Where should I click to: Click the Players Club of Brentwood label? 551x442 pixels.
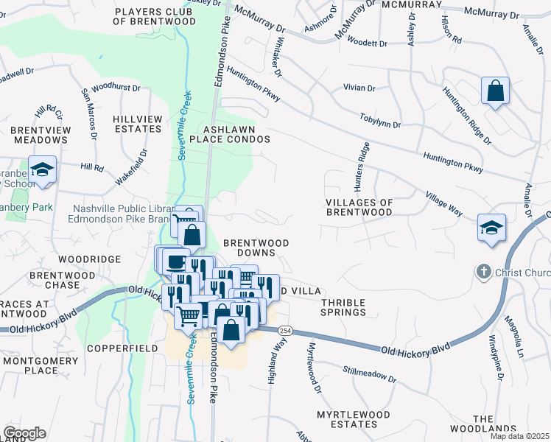(155, 16)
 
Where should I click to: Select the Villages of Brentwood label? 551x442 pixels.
(359, 206)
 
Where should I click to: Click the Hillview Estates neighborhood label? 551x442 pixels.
(137, 124)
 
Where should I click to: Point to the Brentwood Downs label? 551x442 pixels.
(256, 248)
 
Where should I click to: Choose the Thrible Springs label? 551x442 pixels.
(344, 306)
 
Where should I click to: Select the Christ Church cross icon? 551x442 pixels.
(483, 273)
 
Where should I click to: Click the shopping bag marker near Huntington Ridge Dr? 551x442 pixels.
(496, 91)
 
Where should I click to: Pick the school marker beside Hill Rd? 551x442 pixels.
(42, 169)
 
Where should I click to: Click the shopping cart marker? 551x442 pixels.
(189, 315)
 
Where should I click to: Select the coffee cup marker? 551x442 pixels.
(177, 262)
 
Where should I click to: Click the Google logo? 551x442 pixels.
(24, 433)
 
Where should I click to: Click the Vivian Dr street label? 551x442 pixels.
(359, 88)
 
